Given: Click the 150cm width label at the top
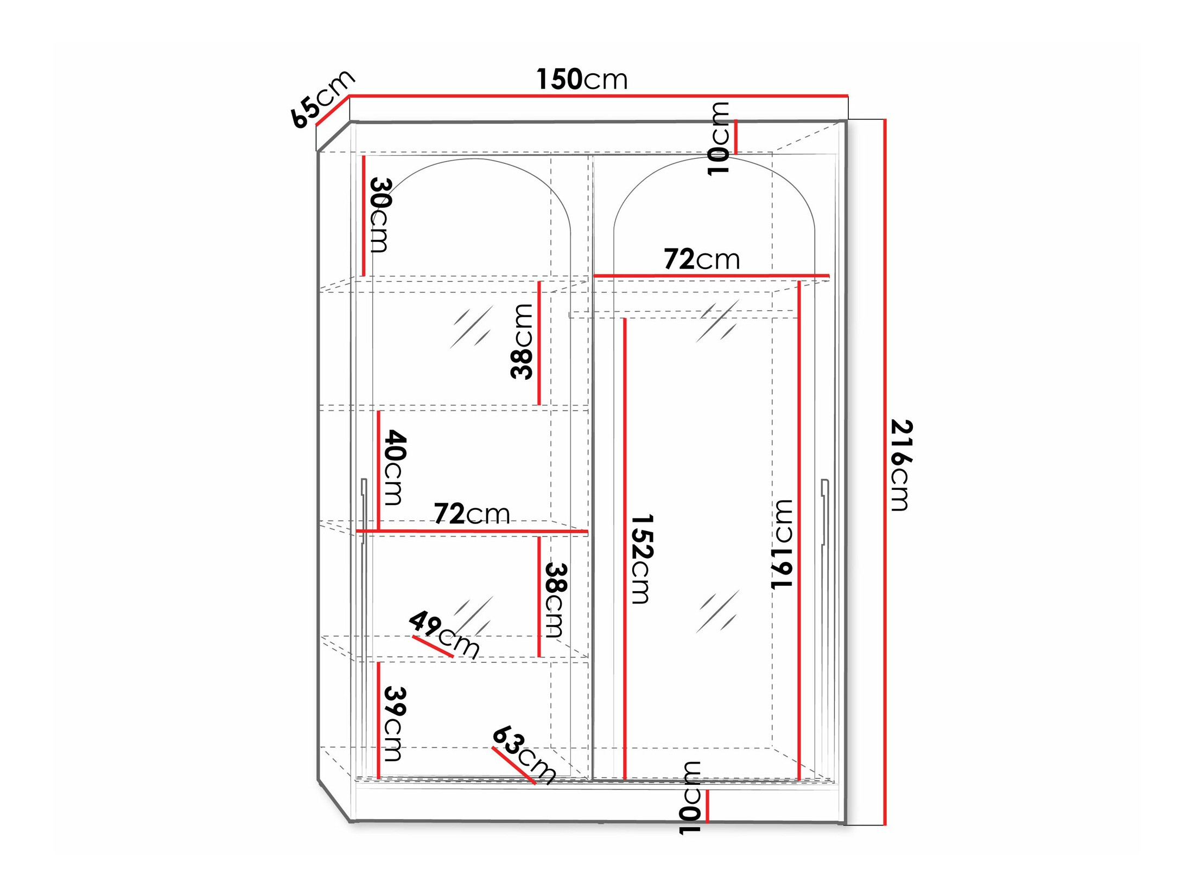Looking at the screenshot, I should click(x=581, y=79).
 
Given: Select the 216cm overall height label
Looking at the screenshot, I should click(x=901, y=465).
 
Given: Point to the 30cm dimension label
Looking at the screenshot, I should click(x=380, y=215).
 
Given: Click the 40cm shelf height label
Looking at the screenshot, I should click(x=395, y=467).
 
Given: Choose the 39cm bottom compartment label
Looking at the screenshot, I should click(x=395, y=724).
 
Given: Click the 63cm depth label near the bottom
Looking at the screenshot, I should click(x=524, y=755).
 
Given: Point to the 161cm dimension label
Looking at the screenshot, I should click(x=782, y=544).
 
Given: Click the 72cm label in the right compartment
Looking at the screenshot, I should click(x=702, y=259).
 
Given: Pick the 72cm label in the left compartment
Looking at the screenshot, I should click(x=472, y=513).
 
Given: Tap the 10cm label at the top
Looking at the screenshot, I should click(x=719, y=138).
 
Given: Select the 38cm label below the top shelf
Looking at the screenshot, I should click(x=522, y=341).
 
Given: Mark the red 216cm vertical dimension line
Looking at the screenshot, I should click(x=885, y=472).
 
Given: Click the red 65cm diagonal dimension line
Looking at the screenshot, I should click(x=332, y=111).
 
